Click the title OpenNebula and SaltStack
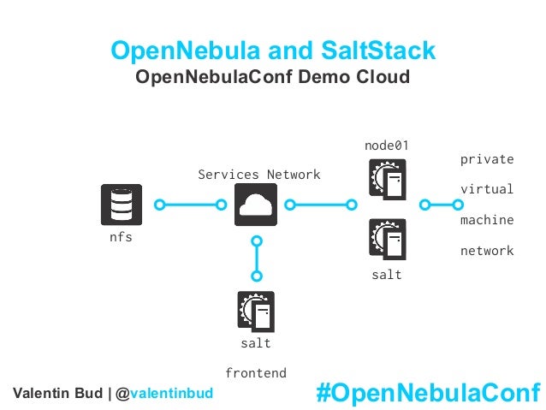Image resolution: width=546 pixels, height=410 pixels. [274, 51]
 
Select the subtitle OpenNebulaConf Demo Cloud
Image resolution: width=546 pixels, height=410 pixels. [273, 78]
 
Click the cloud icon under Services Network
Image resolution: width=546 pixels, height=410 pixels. [255, 205]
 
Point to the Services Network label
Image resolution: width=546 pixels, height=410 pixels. [259, 175]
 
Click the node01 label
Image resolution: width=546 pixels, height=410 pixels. [386, 146]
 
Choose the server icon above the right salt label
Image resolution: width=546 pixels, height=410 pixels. [387, 239]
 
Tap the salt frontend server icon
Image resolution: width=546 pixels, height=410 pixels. [255, 312]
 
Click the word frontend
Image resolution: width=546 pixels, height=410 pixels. [255, 373]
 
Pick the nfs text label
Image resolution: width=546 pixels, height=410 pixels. [121, 237]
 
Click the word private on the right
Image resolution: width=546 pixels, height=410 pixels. [487, 159]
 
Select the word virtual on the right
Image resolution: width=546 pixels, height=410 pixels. [487, 189]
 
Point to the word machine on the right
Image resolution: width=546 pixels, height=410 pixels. [487, 220]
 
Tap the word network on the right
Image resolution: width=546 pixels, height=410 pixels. [487, 251]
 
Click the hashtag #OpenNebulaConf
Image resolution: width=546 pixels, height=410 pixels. [428, 392]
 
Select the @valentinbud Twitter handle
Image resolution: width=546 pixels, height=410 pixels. [173, 393]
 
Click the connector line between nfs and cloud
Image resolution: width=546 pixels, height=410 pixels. [189, 205]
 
